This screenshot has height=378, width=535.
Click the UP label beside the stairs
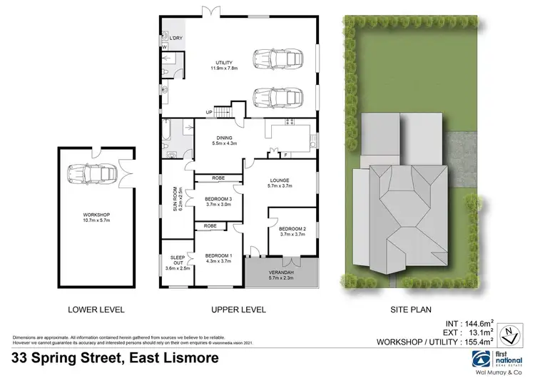pyautogui.click(x=209, y=113)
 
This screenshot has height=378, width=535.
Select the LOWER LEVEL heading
pyautogui.click(x=96, y=310)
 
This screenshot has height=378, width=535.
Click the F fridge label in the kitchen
pyautogui.click(x=285, y=155)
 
